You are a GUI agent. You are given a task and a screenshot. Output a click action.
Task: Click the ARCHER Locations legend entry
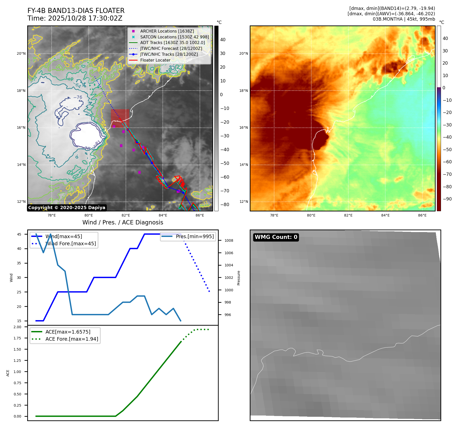click(167, 31)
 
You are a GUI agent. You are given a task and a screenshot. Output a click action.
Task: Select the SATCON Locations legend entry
click(174, 37)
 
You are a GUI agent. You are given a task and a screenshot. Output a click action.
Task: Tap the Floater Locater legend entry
click(155, 60)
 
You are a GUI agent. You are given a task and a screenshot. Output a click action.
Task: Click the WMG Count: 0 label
click(276, 237)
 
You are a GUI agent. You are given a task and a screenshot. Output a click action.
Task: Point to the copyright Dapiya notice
click(67, 208)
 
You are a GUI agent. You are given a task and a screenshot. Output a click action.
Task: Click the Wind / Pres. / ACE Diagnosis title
click(123, 222)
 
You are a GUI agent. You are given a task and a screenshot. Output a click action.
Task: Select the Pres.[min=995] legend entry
click(195, 236)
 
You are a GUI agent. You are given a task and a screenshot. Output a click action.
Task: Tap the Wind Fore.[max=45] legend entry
click(70, 243)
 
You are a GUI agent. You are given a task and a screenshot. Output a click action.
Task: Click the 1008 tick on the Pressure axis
click(229, 240)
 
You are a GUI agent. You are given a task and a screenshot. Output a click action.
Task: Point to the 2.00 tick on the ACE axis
click(17, 327)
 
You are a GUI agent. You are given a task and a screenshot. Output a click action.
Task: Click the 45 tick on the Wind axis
click(19, 234)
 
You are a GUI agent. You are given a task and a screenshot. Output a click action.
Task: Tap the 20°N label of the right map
click(243, 53)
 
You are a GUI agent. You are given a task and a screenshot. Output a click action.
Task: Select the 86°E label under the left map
click(200, 215)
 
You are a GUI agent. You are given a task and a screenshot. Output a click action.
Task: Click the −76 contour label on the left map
click(78, 97)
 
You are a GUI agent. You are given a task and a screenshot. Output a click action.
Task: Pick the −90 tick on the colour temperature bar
click(447, 199)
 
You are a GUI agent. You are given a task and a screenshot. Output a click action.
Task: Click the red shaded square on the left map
click(120, 118)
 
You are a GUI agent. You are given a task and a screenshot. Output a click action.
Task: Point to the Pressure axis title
click(239, 278)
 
